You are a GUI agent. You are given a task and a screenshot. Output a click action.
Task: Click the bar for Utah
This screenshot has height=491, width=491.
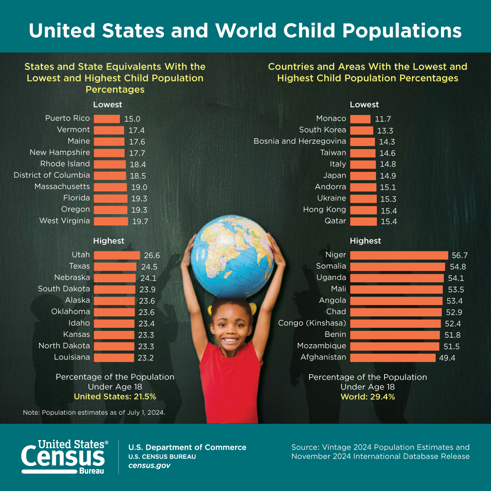point(117,255)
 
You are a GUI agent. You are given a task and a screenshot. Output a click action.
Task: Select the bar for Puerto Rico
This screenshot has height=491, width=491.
point(107,119)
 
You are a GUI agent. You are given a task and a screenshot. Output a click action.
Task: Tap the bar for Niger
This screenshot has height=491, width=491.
point(399,255)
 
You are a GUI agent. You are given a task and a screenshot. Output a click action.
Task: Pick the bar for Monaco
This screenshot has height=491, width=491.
point(361,119)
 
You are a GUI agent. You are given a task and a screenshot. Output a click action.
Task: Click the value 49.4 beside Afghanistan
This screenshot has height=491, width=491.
point(447,358)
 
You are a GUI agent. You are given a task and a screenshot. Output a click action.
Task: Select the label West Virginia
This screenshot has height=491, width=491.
point(65,221)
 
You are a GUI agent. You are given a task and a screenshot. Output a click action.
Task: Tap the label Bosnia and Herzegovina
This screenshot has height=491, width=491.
point(300,141)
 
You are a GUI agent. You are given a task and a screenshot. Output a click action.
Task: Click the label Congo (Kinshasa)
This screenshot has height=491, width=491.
point(312,323)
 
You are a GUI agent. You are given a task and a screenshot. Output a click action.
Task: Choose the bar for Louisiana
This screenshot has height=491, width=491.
point(114,357)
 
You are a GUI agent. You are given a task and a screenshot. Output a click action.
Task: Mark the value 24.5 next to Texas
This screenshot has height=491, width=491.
point(149,267)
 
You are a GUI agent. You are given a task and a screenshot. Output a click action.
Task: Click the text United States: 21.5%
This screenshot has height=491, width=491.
point(115,396)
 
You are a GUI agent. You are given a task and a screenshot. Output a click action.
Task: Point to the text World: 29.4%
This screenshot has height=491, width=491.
point(368,396)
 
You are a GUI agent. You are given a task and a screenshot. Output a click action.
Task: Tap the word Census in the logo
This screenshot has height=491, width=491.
point(63,456)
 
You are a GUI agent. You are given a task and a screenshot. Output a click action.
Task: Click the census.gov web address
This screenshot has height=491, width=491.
point(149,466)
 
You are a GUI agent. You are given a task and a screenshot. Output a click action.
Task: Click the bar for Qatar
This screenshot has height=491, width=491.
point(364,221)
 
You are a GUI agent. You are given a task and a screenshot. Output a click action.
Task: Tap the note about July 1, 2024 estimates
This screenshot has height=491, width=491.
point(94,413)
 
